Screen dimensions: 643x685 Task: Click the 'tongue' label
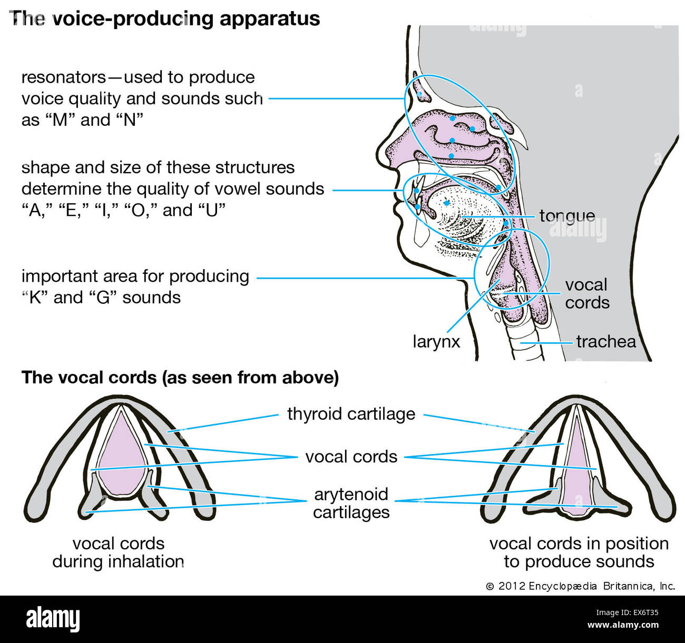567,216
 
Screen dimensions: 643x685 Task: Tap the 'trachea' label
605,342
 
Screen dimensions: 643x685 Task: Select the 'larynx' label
436,342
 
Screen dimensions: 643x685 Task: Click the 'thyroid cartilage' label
351,414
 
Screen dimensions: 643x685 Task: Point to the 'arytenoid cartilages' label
351,503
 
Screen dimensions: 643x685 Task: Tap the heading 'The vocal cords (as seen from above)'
180,378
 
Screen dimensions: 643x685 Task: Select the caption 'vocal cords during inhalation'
118,552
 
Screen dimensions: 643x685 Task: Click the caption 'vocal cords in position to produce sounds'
579,552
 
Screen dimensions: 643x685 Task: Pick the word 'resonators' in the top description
63,77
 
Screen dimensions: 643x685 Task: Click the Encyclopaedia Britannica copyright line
580,586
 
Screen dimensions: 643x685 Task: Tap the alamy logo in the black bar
53,619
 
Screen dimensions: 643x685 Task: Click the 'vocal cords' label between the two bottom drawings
351,457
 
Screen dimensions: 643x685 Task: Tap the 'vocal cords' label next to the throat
586,293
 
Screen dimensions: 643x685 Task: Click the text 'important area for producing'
135,276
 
